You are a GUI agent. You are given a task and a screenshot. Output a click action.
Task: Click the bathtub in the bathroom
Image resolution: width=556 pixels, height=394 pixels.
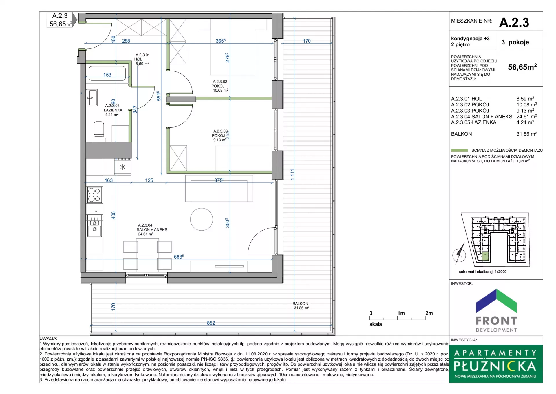[107, 73]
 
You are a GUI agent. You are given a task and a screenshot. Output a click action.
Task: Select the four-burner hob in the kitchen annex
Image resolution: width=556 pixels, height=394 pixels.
[94, 195]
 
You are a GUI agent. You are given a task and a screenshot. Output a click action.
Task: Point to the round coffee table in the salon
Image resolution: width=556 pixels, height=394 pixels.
[202, 219]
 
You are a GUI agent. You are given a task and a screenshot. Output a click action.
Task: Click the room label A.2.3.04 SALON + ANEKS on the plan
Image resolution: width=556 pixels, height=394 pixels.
[152, 229]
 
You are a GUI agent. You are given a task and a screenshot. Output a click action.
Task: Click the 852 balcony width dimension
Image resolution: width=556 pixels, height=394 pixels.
[211, 323]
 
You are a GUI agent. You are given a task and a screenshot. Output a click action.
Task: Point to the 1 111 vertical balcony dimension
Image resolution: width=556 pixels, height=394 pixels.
[292, 175]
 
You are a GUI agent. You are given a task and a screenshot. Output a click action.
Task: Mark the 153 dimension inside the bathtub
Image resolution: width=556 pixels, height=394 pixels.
[107, 75]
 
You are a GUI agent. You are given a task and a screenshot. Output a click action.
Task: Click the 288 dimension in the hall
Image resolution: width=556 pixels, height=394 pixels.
[126, 41]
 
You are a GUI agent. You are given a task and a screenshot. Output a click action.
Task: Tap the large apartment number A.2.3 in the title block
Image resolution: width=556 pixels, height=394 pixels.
[514, 23]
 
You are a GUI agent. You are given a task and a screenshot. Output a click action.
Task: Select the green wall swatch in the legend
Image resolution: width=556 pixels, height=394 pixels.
[459, 150]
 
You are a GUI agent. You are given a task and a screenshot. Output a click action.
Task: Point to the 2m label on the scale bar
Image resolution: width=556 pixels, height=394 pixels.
[429, 313]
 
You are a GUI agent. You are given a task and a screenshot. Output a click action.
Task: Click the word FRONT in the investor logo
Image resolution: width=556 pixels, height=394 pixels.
[496, 321]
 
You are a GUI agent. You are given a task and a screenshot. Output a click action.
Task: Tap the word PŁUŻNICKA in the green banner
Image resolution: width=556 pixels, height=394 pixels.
[495, 366]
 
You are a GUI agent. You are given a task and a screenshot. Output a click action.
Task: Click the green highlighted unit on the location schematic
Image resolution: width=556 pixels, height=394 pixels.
[485, 256]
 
